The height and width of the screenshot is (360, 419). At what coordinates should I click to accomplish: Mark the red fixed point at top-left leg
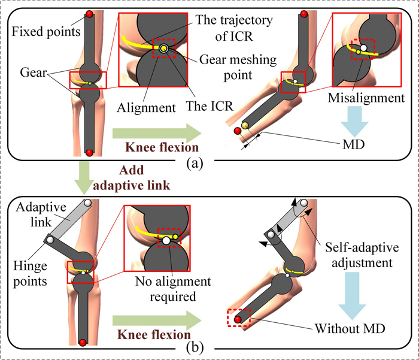point(89,14)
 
